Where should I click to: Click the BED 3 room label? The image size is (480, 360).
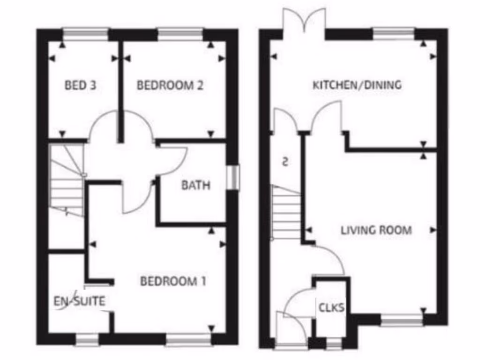coord(81,85)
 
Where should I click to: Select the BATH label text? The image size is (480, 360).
coord(196,185)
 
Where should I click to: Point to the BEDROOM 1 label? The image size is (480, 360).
coord(173,281)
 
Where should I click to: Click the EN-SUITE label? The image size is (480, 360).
coord(79,301)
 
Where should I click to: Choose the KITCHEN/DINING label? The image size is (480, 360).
coord(357,85)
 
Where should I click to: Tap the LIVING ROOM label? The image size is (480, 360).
coord(376,230)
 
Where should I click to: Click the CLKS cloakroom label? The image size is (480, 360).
coord(332,308)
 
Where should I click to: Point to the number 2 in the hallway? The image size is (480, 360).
coord(285,162)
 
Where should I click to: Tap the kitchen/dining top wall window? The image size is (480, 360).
coord(393,33)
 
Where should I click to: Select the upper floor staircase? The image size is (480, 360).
coord(67,180)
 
